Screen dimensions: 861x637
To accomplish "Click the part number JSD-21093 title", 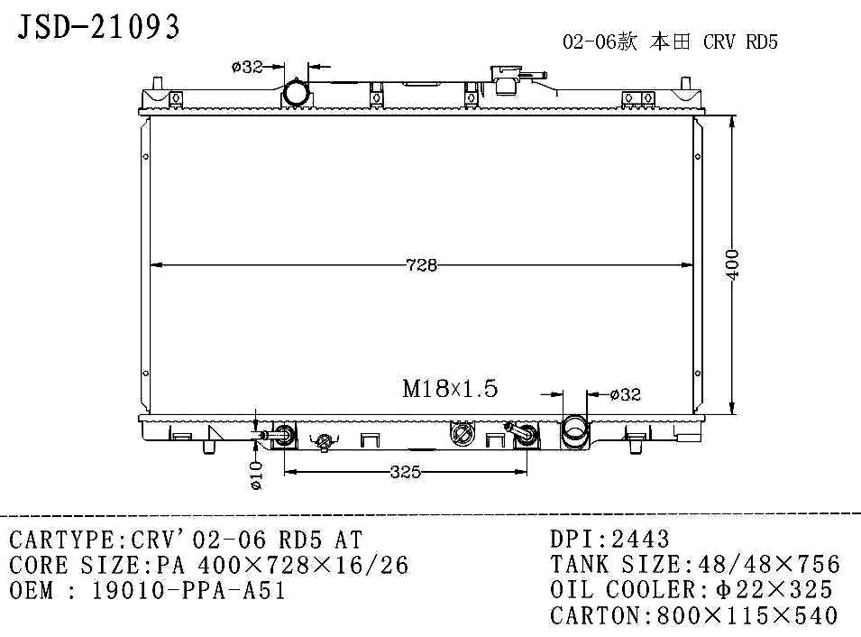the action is [x=98, y=26].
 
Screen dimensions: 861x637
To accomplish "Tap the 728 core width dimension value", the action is [x=422, y=265].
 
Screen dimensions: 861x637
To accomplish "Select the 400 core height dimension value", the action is [x=732, y=263].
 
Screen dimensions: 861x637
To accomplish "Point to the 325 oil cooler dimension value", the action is [x=405, y=472].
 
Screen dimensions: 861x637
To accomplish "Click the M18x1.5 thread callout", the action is [x=450, y=389].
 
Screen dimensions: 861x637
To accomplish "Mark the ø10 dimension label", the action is [x=256, y=475].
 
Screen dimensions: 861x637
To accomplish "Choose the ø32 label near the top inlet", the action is [x=247, y=67].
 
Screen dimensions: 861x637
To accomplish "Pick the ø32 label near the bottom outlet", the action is [x=626, y=394].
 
